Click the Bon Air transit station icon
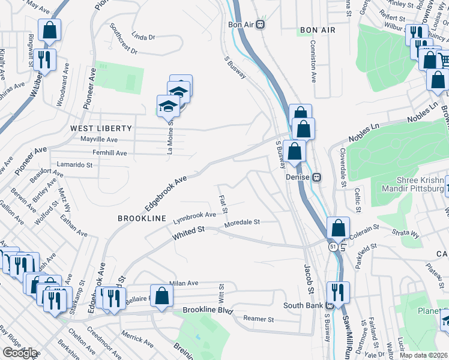point(261,25)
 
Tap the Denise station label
point(298,177)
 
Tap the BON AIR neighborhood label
point(316,30)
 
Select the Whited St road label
point(189,234)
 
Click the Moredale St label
point(242,223)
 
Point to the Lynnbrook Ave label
point(194,215)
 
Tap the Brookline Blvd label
point(208,311)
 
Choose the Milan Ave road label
point(184,283)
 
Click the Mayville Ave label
point(100,140)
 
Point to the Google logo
point(20,353)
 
